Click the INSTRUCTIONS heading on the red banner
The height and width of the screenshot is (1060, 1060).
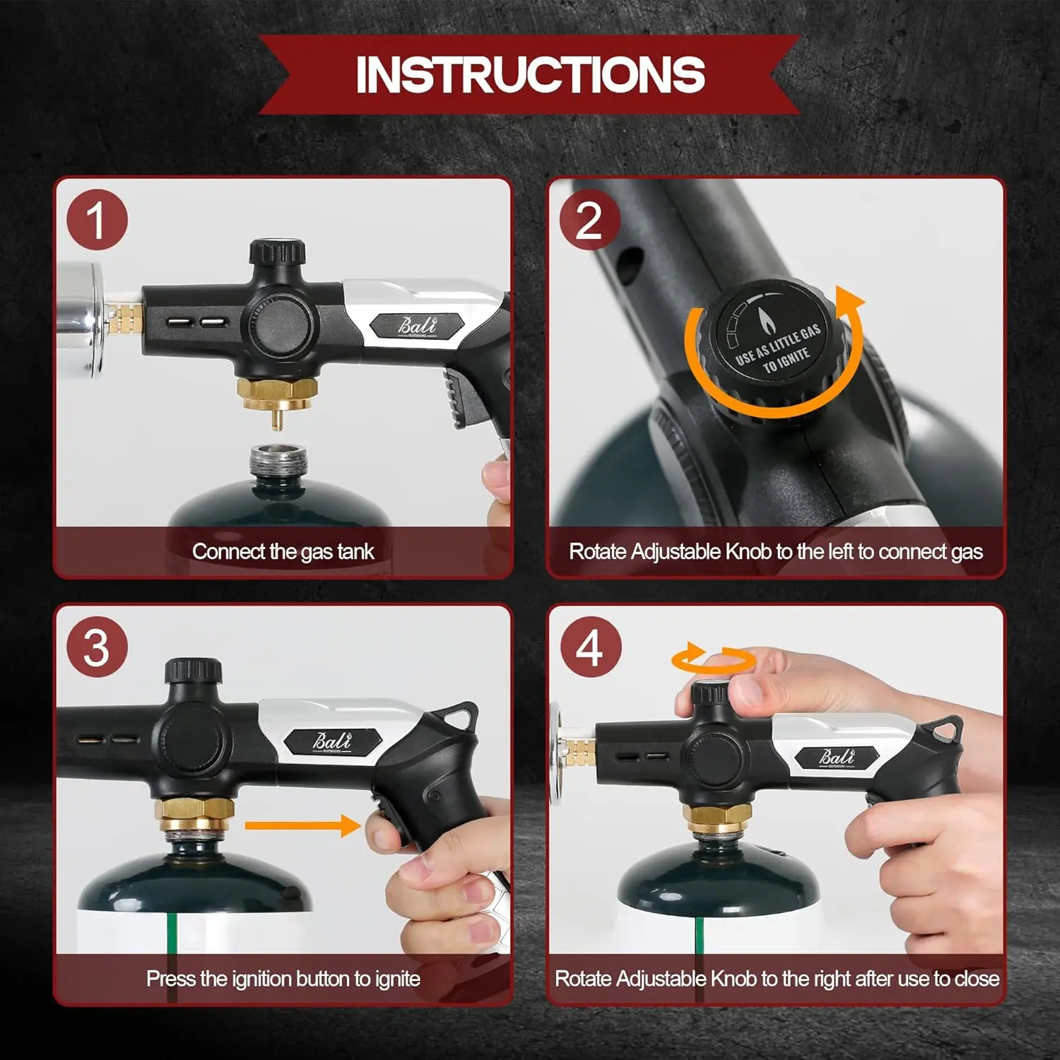click(530, 74)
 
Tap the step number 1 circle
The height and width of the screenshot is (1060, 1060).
click(97, 220)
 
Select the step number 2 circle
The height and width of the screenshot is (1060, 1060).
click(590, 220)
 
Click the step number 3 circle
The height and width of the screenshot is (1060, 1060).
click(97, 647)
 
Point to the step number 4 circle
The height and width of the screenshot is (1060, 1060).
click(590, 647)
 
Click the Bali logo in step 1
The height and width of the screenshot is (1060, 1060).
click(417, 326)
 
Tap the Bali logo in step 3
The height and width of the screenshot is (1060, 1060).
click(333, 741)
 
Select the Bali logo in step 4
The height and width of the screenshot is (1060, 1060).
click(837, 758)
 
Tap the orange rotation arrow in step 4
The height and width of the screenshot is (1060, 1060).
click(713, 659)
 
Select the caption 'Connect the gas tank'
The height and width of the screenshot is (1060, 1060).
click(283, 551)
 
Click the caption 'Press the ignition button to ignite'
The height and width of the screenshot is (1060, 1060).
click(283, 979)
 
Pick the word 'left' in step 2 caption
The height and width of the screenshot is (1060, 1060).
click(840, 551)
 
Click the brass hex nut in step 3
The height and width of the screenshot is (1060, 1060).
click(195, 815)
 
